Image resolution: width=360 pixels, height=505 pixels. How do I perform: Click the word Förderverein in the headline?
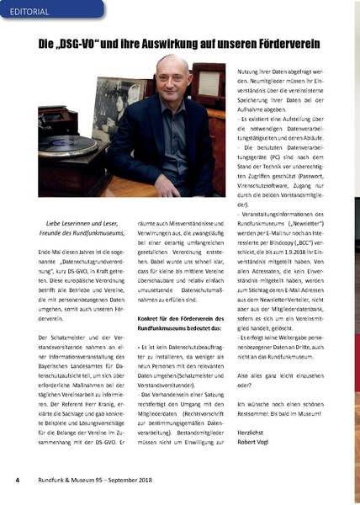click(291, 42)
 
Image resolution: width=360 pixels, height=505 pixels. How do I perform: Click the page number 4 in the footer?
click(16, 481)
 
